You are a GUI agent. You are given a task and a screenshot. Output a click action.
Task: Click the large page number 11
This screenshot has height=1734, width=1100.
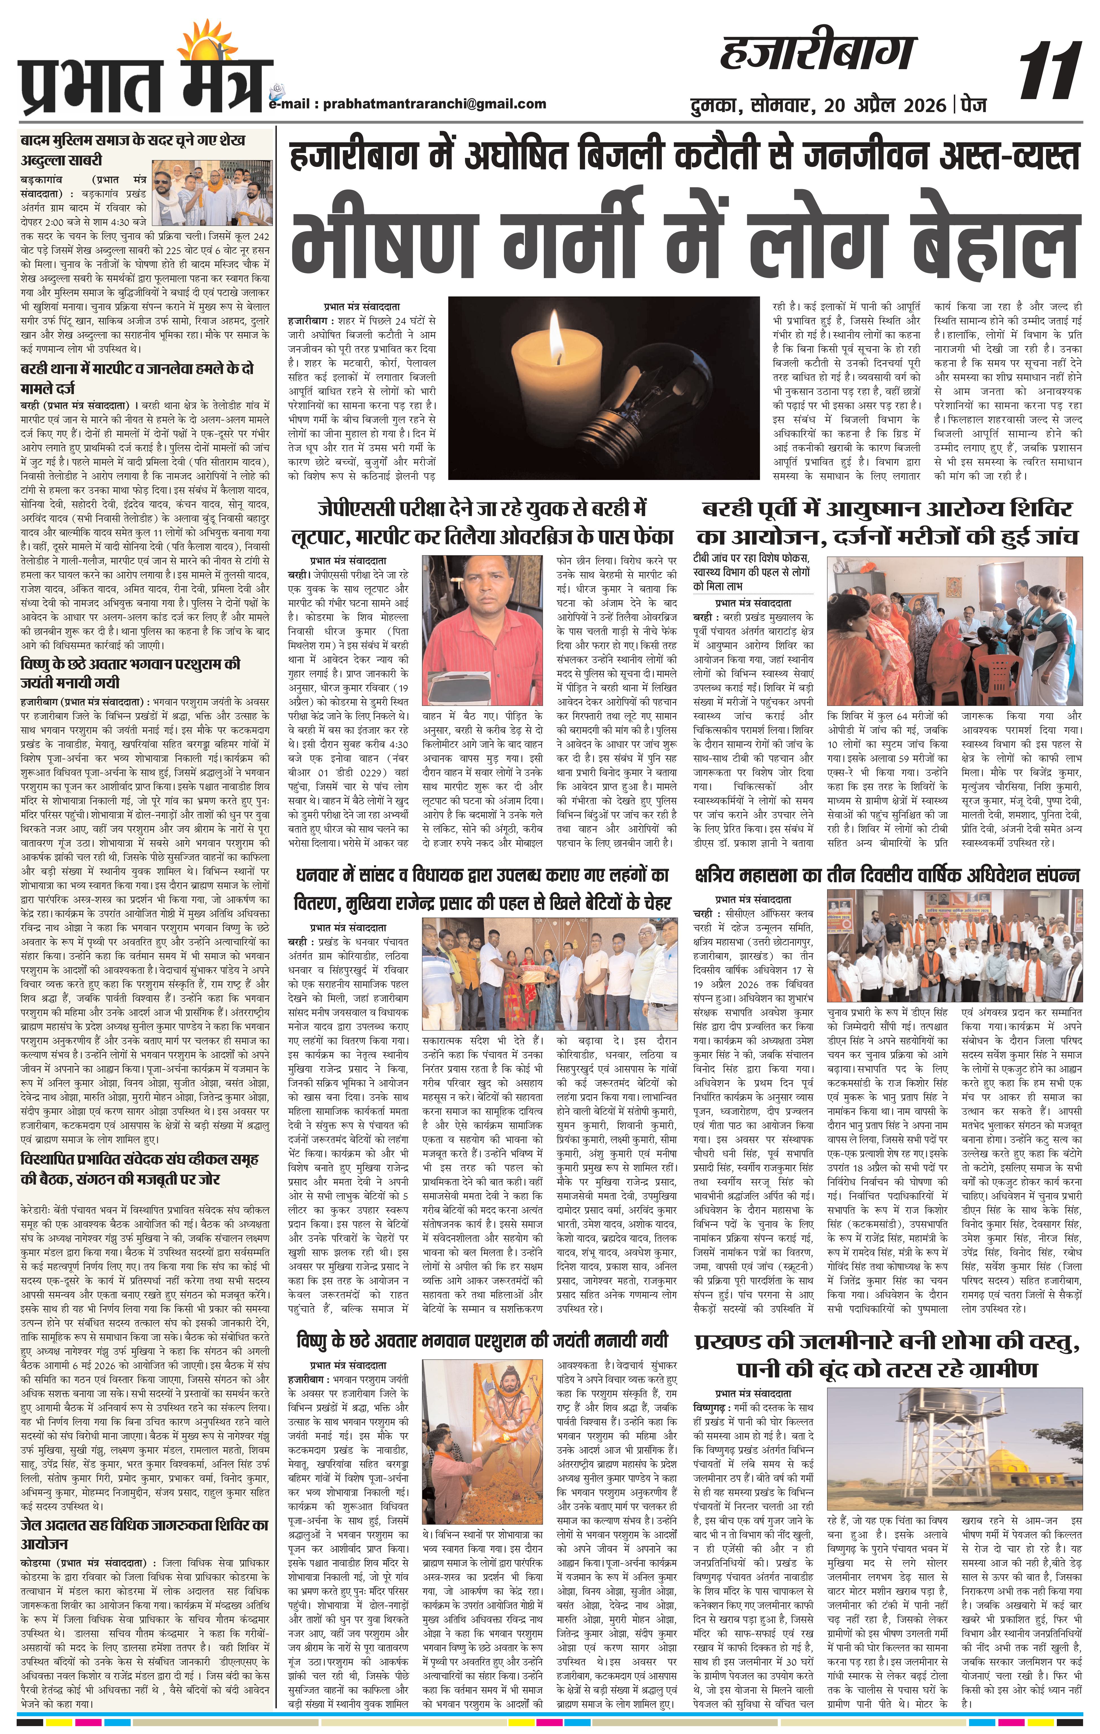pyautogui.click(x=1049, y=72)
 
